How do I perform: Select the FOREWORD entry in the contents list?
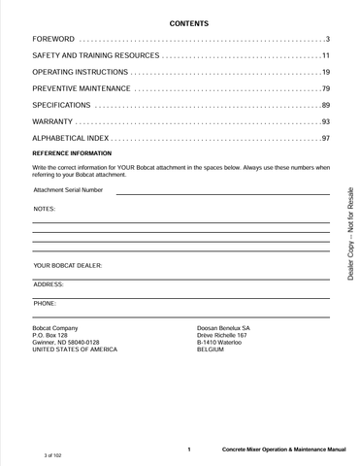click(53, 39)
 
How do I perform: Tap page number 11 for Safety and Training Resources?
click(326, 56)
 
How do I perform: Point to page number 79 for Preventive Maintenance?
click(326, 88)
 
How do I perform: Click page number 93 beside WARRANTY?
click(326, 121)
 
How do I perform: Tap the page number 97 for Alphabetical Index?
click(326, 139)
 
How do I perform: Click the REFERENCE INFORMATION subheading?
click(72, 154)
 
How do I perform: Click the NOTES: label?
click(45, 210)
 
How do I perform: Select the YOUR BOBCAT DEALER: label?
click(68, 265)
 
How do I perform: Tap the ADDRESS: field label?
click(49, 284)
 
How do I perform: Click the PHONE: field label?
click(45, 303)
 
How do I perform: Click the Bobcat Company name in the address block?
click(55, 328)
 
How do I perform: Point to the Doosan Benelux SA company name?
click(223, 328)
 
